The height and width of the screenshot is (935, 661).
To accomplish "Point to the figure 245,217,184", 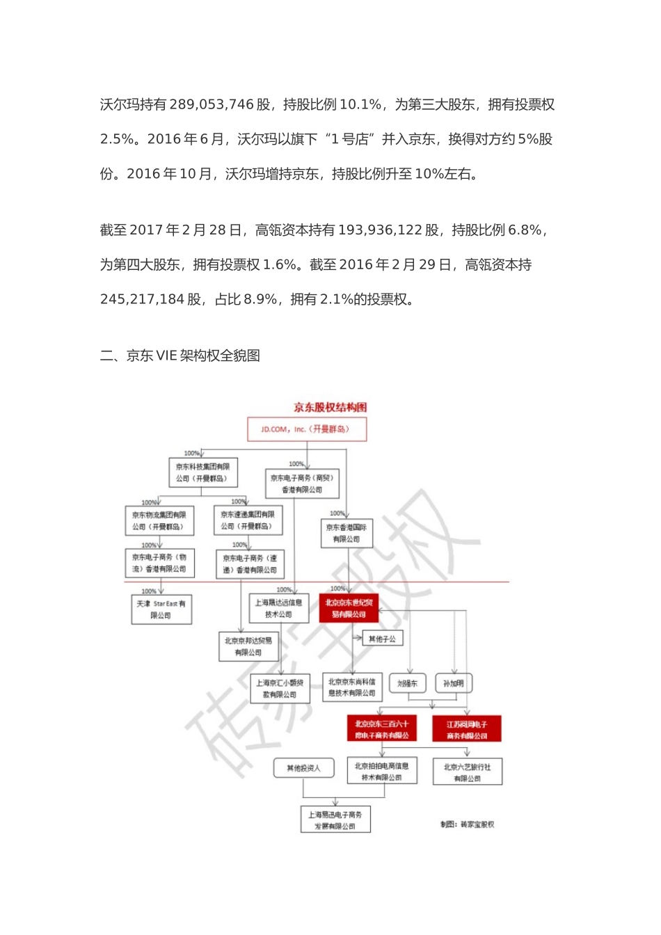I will coord(143,300).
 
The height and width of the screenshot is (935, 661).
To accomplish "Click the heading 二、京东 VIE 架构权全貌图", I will coord(180,356).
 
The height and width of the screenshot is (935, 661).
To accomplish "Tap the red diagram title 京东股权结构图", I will coord(330,408).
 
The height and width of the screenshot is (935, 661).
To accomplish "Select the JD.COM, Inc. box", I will coord(307,429).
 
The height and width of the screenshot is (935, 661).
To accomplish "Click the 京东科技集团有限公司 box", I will coord(202,472).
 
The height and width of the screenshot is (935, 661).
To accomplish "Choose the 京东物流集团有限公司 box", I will coord(159,520).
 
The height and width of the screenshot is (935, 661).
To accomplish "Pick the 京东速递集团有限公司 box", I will coord(248,520).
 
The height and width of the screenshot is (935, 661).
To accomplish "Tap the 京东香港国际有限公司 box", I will coord(347,533).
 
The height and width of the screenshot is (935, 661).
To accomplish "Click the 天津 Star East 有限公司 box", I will coord(161,609).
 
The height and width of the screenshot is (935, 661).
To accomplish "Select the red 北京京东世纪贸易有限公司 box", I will coord(349,609).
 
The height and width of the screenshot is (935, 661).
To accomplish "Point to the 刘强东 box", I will coord(407,683).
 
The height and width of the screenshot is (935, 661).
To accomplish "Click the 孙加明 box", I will coord(454,683).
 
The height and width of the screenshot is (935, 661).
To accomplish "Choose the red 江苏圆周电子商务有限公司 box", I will coord(467,730).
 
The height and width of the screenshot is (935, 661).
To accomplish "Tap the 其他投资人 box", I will coord(303,768).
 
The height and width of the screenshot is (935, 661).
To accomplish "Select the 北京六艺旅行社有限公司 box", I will coord(467,772).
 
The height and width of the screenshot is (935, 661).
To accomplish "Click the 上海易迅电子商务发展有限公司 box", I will coord(335,820).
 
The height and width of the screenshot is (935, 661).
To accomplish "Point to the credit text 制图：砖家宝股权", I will coord(467,824).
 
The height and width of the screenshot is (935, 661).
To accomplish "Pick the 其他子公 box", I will coord(382,639).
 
